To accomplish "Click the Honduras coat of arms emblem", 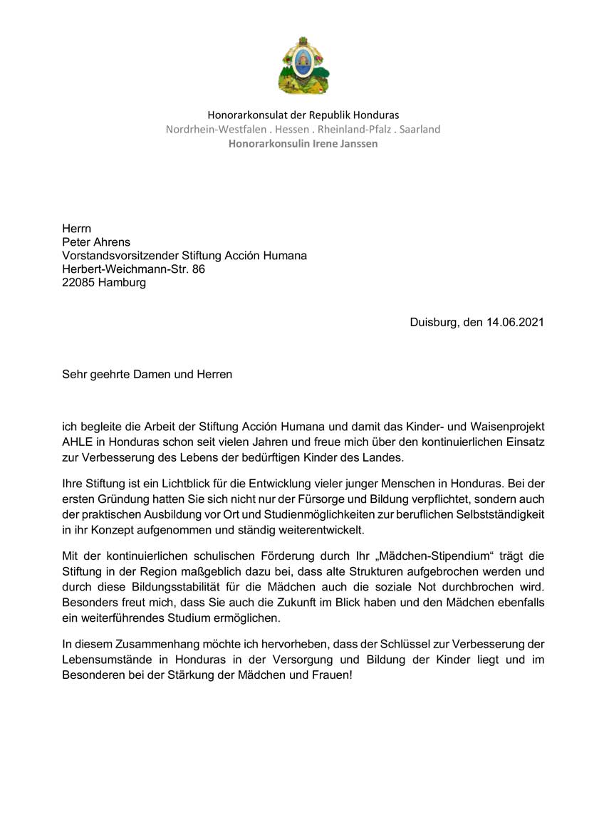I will pos(303,66).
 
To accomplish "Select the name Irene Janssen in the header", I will pos(340,143).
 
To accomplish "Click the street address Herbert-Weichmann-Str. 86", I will pos(133,269).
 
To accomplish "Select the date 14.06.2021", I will pos(515,321).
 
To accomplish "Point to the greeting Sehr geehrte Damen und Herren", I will pos(147,373).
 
